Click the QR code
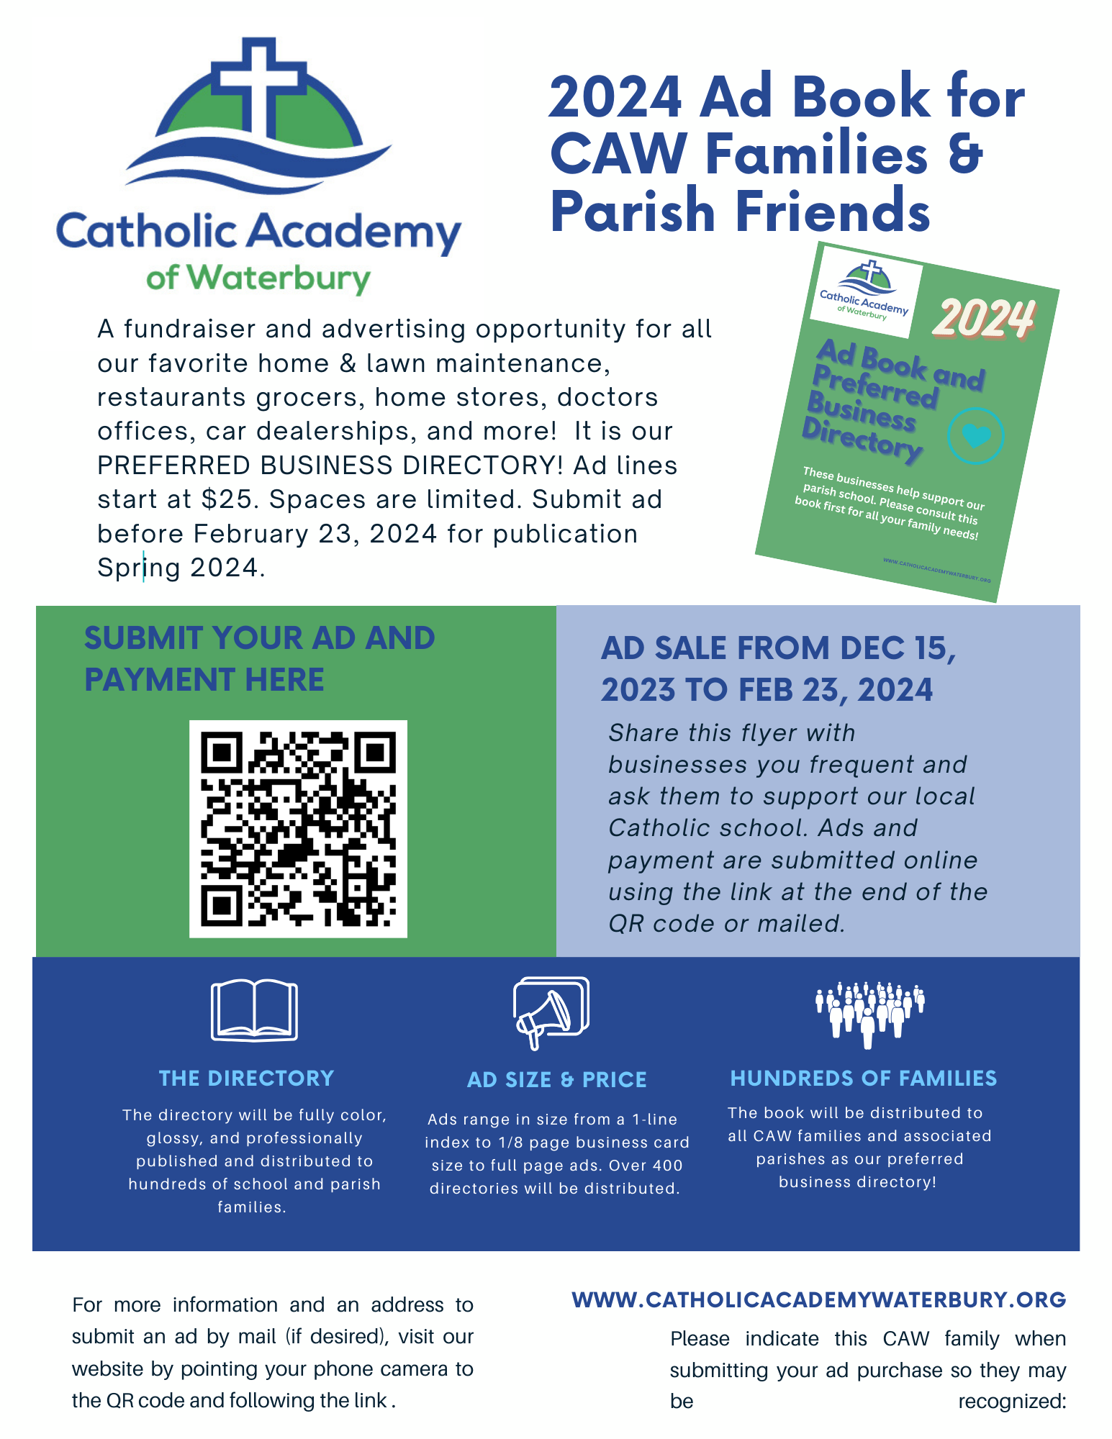click(x=298, y=829)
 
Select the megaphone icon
click(x=551, y=1012)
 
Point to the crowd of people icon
click(x=869, y=1011)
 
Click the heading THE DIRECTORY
click(x=247, y=1078)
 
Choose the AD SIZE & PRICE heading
click(x=557, y=1079)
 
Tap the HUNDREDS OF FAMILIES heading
click(x=864, y=1078)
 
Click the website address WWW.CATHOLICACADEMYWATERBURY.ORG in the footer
click(x=819, y=1299)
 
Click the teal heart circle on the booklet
click(x=975, y=435)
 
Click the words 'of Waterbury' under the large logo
click(x=258, y=278)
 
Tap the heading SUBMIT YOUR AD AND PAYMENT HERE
click(x=259, y=658)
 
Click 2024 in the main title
click(x=616, y=97)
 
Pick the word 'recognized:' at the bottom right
click(x=1012, y=1401)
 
